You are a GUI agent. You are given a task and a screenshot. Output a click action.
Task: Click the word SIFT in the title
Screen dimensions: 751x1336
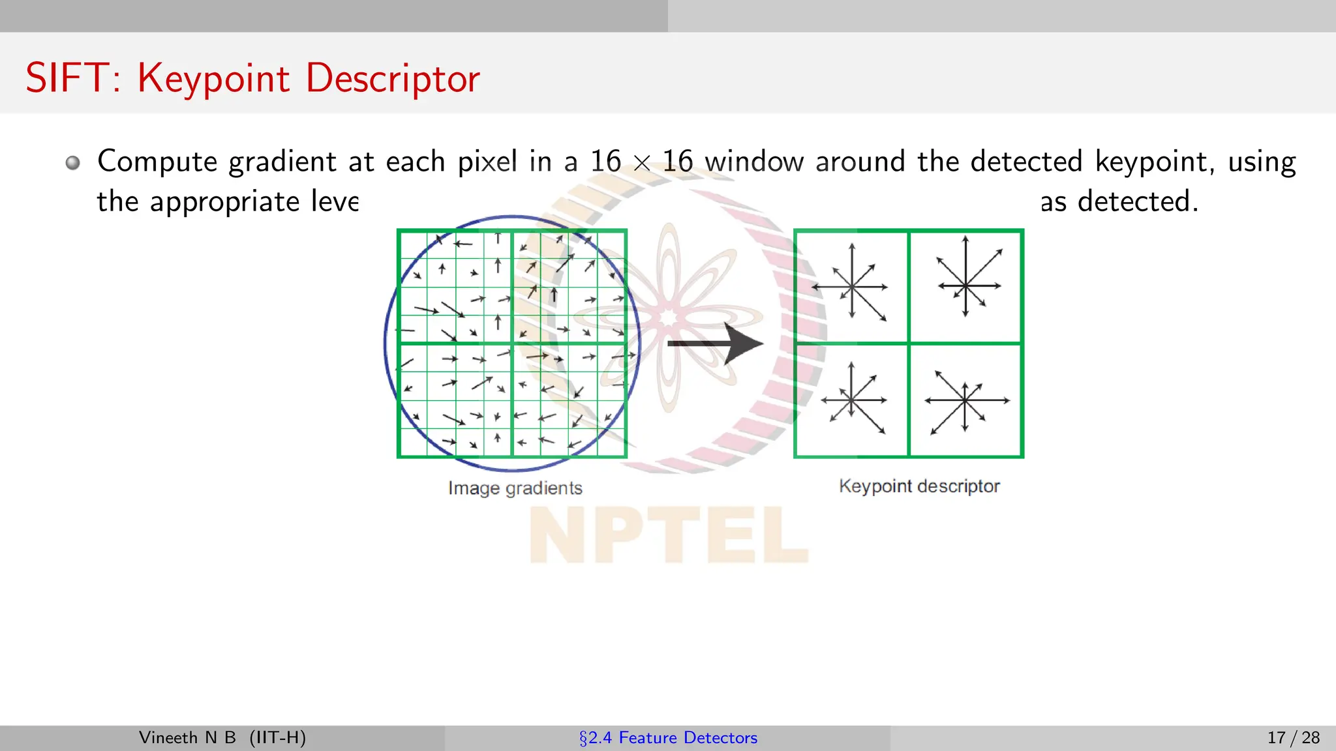[67, 78]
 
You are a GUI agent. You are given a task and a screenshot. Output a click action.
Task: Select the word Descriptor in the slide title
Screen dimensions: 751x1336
[393, 80]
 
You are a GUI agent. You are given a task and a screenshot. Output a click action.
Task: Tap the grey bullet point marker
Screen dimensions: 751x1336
[73, 162]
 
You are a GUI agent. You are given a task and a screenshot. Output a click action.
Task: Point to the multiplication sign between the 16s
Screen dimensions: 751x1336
[642, 163]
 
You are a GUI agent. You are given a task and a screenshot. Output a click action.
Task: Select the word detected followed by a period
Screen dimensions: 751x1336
[1138, 201]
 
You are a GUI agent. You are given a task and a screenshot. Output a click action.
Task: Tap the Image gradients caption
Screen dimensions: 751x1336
[515, 488]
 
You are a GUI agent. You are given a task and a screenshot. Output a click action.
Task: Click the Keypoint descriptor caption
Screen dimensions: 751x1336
[918, 486]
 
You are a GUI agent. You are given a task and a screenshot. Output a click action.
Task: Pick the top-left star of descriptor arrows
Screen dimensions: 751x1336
[851, 286]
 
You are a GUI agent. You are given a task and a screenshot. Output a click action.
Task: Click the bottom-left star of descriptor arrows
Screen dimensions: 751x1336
[853, 400]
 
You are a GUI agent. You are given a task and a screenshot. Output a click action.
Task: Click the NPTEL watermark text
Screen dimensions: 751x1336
[668, 535]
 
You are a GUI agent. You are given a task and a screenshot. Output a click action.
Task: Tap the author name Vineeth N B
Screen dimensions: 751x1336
[187, 738]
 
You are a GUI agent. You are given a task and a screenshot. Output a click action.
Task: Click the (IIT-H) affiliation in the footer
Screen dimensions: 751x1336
[277, 738]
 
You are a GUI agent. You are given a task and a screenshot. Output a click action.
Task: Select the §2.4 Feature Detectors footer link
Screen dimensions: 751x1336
[668, 738]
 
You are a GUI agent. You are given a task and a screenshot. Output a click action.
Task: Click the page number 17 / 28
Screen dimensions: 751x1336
[1293, 738]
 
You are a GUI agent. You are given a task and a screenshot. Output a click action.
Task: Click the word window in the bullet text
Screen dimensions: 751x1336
[754, 162]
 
